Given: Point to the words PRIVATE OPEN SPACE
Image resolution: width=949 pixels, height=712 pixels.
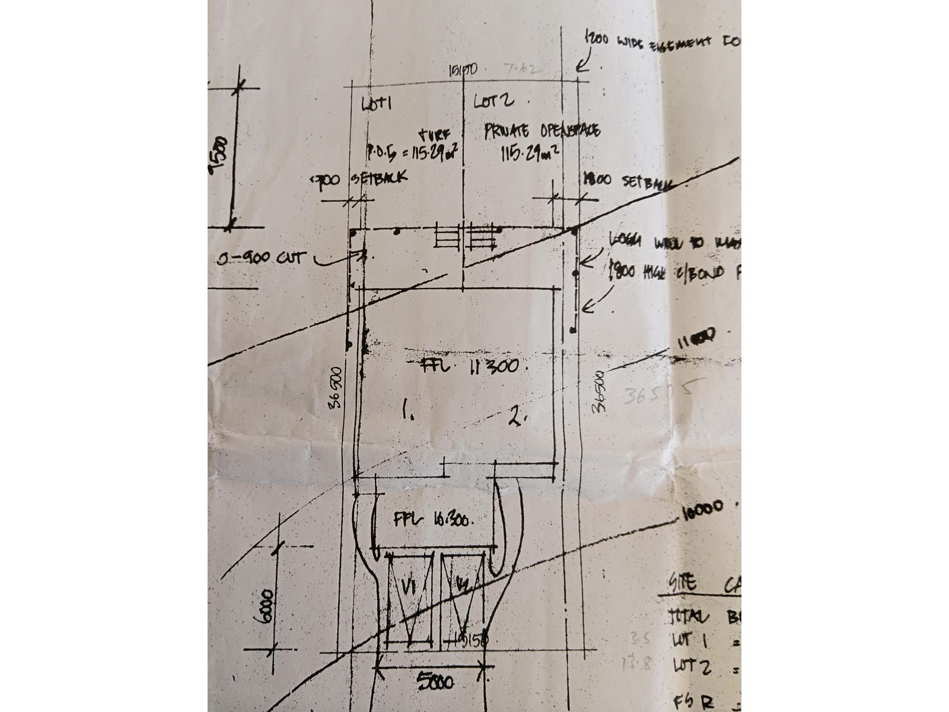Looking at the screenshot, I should tap(542, 131).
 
